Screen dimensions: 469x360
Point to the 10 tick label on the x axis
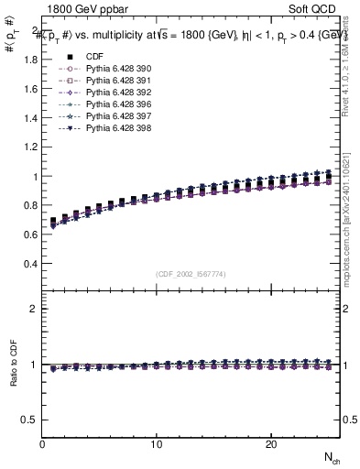[157, 444]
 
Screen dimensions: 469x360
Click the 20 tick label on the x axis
[271, 444]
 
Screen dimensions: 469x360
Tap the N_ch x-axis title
[332, 457]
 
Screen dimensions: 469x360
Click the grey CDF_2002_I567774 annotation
[191, 274]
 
